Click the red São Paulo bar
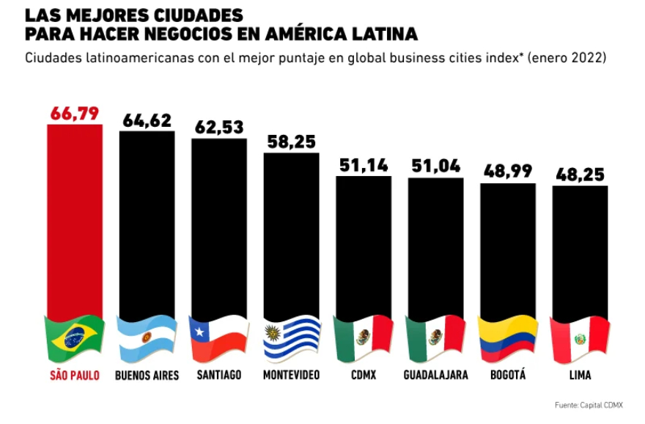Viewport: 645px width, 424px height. click(75, 220)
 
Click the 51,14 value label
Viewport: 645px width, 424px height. click(364, 164)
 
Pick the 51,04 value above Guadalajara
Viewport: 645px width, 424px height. click(435, 166)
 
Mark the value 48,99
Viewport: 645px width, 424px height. click(508, 171)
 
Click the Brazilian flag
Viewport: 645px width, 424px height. click(75, 337)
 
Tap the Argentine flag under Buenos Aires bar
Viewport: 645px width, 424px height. click(147, 337)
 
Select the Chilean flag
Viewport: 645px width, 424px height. click(219, 337)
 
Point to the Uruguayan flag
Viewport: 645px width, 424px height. click(291, 337)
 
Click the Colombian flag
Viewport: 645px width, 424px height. click(508, 337)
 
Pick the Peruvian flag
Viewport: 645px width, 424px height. click(580, 337)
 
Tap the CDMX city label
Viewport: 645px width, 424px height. click(364, 375)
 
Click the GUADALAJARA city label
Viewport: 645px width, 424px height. click(435, 375)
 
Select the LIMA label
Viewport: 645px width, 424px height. click(580, 375)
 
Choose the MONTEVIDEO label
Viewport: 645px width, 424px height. click(291, 375)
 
